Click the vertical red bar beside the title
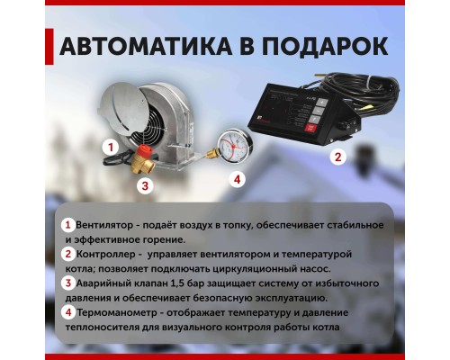tap(46, 47)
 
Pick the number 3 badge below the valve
tap(142, 185)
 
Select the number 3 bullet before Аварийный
tap(67, 283)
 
